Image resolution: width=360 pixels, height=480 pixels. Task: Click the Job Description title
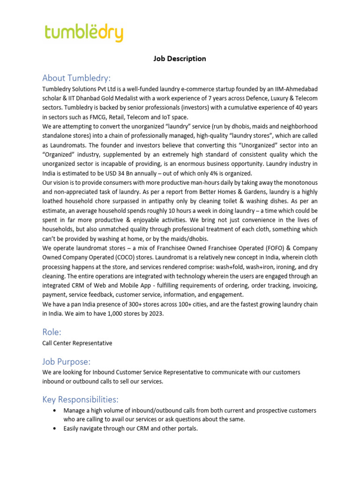coord(180,59)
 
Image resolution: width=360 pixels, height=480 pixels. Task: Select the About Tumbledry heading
coord(76,78)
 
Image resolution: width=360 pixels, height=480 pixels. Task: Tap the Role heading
coord(52,332)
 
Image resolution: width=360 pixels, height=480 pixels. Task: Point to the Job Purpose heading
coord(66,361)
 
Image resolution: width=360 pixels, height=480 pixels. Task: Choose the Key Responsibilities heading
coord(80,399)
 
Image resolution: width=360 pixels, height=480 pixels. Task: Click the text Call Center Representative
coord(77,343)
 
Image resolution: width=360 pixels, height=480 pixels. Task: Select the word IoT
coord(164,117)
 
